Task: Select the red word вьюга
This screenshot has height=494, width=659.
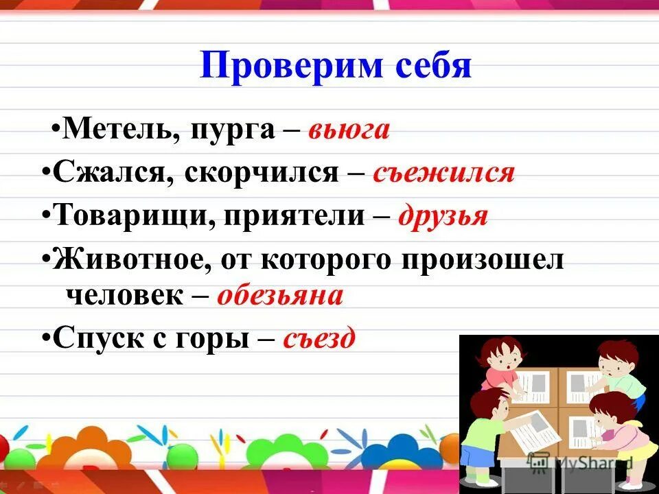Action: [349, 130]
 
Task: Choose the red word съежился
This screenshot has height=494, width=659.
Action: [443, 173]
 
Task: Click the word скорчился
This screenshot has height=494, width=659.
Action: [260, 173]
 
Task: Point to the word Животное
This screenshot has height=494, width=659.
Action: [128, 261]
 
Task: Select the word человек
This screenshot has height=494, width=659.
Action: [124, 295]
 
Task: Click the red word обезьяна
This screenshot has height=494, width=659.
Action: [279, 296]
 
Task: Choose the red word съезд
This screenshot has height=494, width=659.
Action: [319, 338]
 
